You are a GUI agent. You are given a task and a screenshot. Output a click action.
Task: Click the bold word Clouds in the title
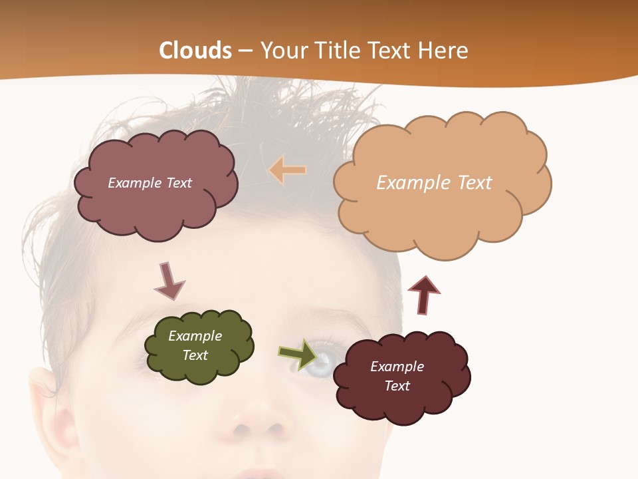tap(195, 51)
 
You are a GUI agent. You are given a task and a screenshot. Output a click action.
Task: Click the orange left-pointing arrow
tap(287, 170)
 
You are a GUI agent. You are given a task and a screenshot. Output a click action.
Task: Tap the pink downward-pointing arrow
tap(169, 281)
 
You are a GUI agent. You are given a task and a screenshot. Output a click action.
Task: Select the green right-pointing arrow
tap(298, 353)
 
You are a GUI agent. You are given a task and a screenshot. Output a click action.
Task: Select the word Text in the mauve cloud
tap(177, 183)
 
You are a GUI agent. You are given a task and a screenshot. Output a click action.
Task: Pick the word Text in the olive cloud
tap(195, 355)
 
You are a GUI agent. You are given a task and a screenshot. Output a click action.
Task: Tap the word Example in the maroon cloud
tap(397, 367)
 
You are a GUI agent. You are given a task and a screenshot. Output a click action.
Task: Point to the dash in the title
tap(245, 51)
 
